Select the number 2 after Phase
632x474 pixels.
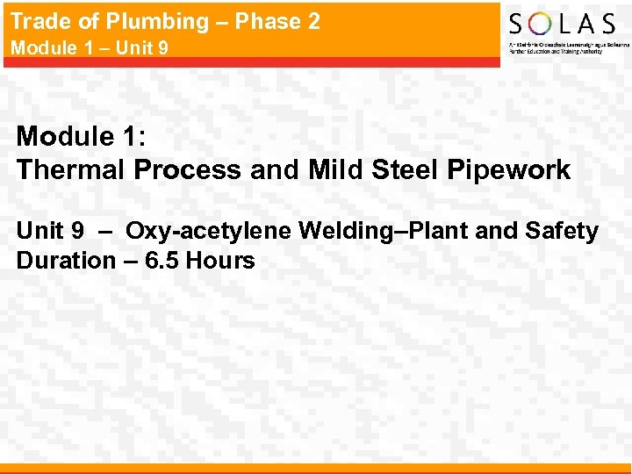[312, 22]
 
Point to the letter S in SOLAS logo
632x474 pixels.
[519, 23]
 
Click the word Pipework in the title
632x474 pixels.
[511, 169]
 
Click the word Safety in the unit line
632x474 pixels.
[564, 232]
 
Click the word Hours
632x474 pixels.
[222, 261]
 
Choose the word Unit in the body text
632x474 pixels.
[39, 232]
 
